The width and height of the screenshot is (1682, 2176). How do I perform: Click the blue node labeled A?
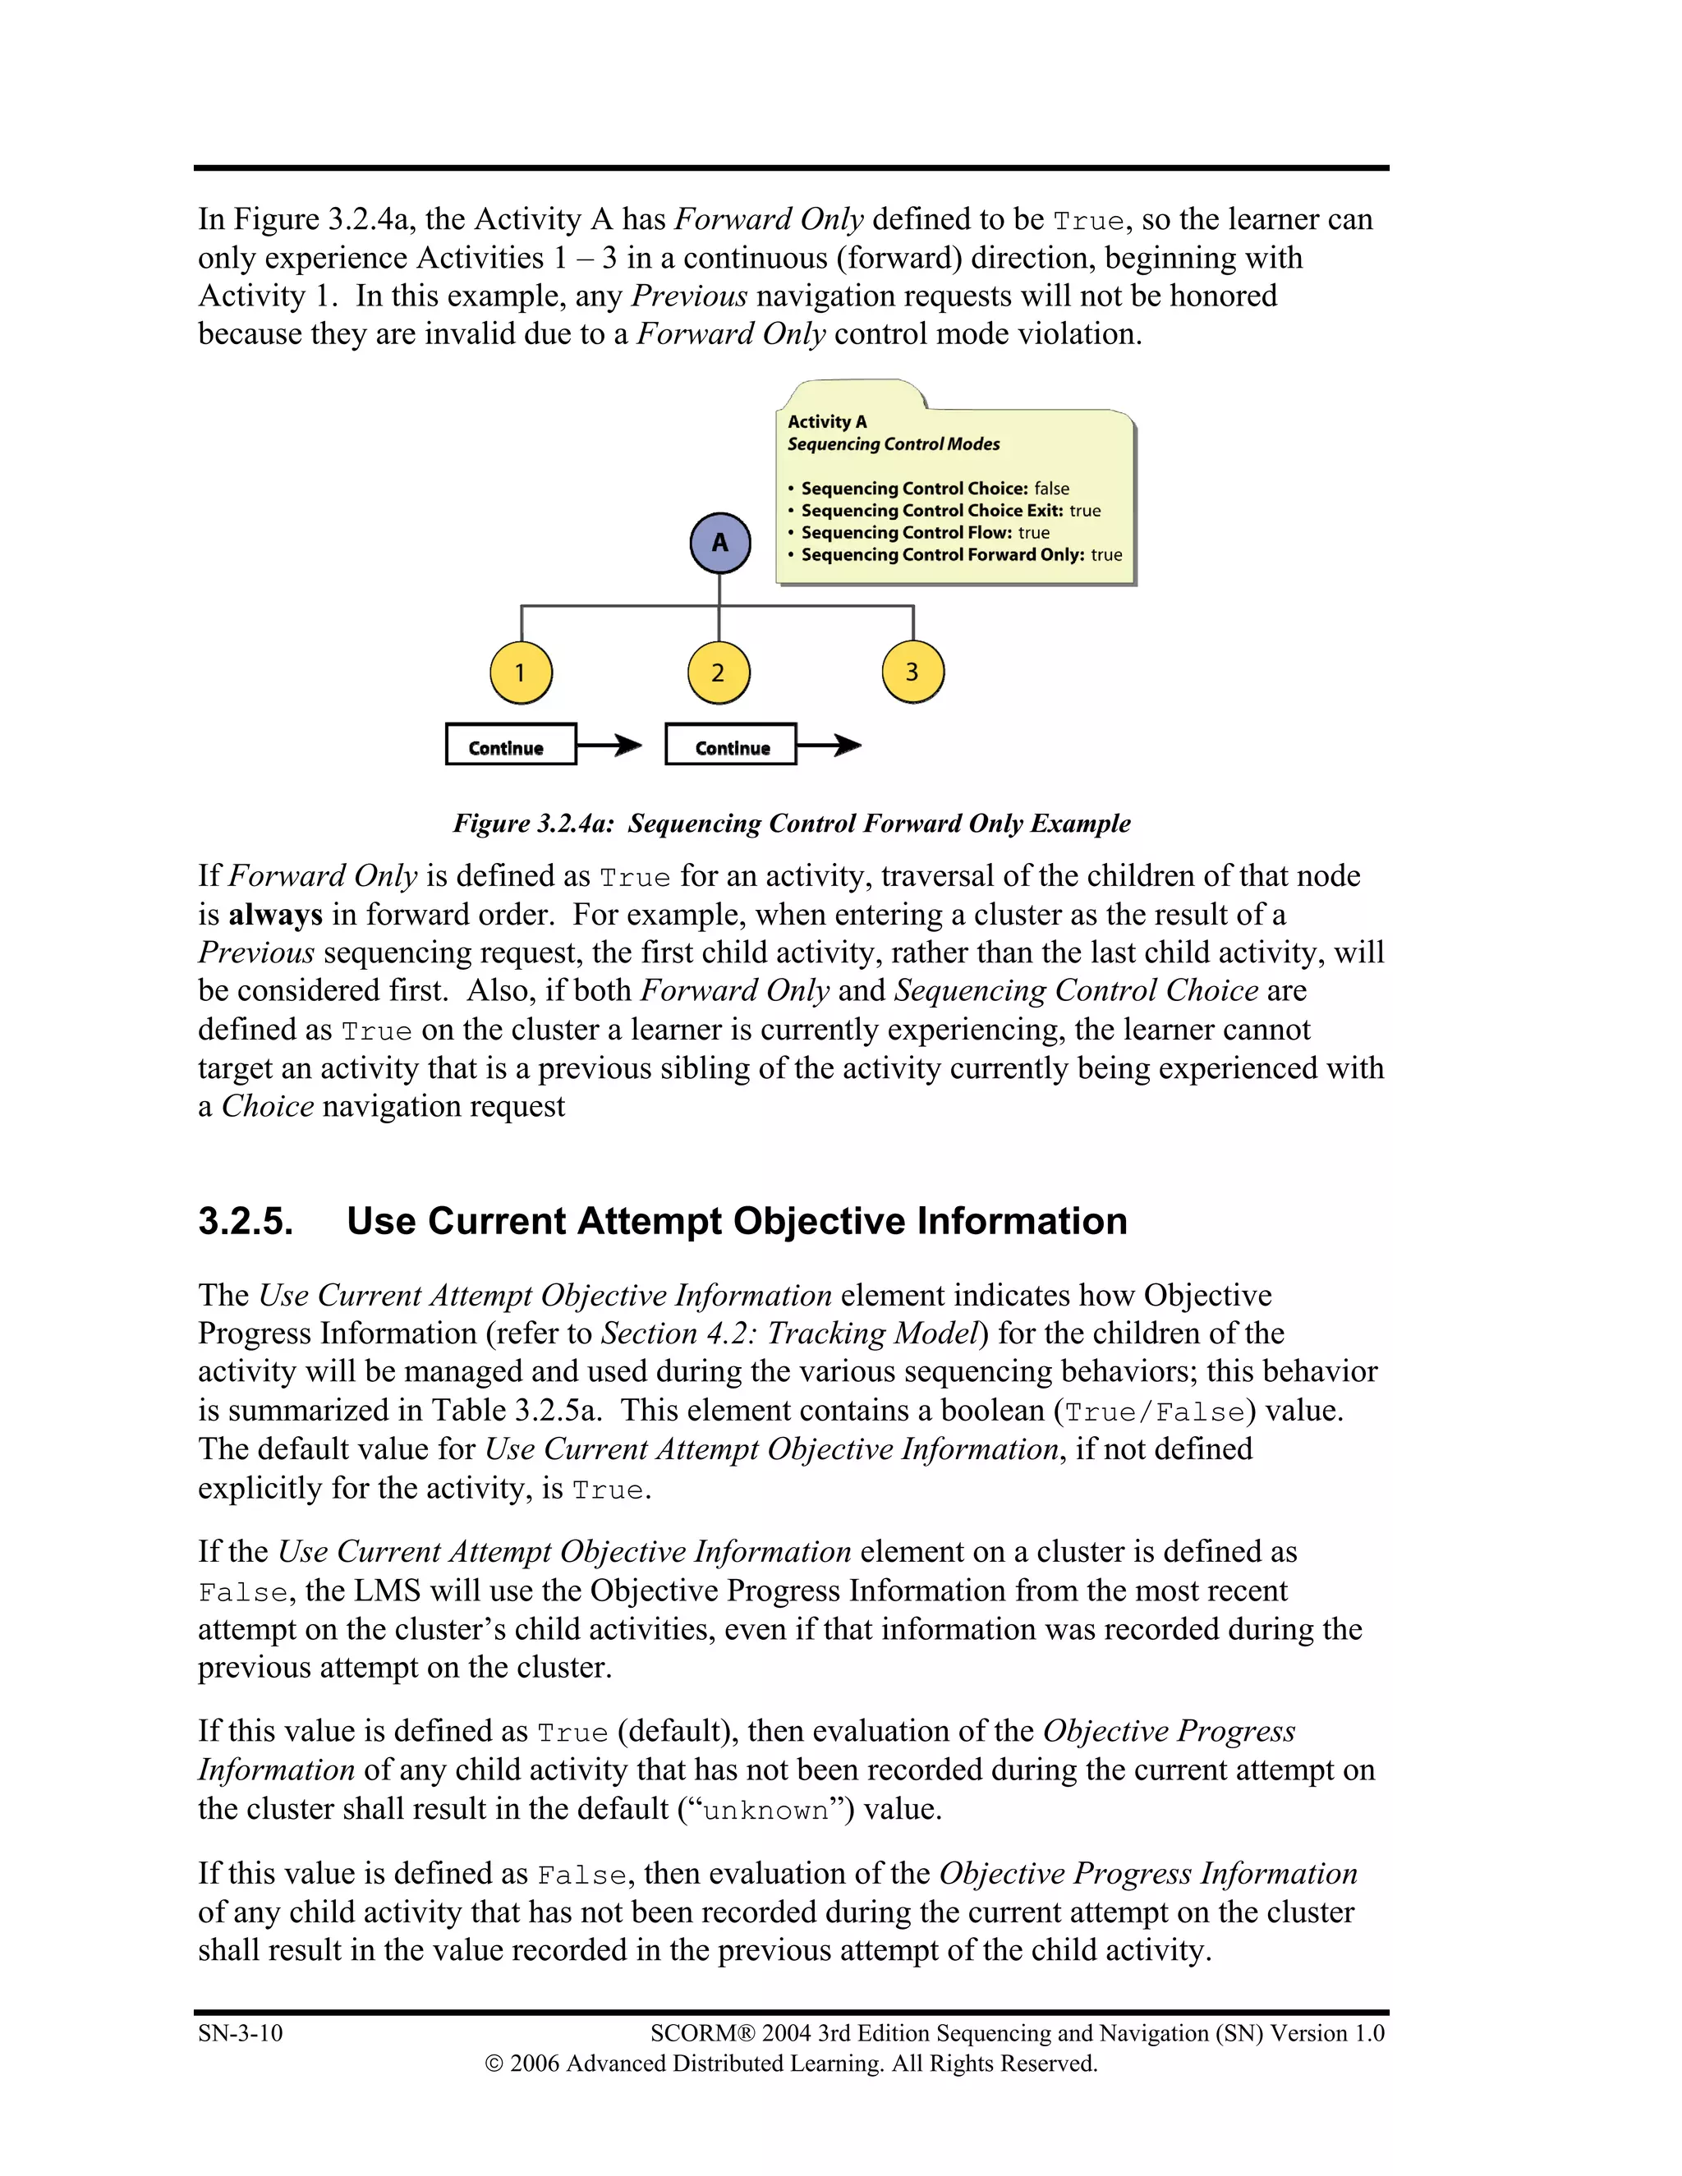719,543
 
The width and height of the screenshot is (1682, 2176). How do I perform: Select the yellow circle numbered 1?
520,673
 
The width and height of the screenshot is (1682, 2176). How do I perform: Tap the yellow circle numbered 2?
718,673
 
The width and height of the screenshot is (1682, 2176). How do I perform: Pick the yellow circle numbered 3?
912,672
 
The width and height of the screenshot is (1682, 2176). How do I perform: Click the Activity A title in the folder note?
827,421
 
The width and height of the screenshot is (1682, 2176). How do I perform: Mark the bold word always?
276,915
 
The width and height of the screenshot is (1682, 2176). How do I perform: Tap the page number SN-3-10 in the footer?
240,2033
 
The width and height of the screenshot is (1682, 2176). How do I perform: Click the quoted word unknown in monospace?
765,1811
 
